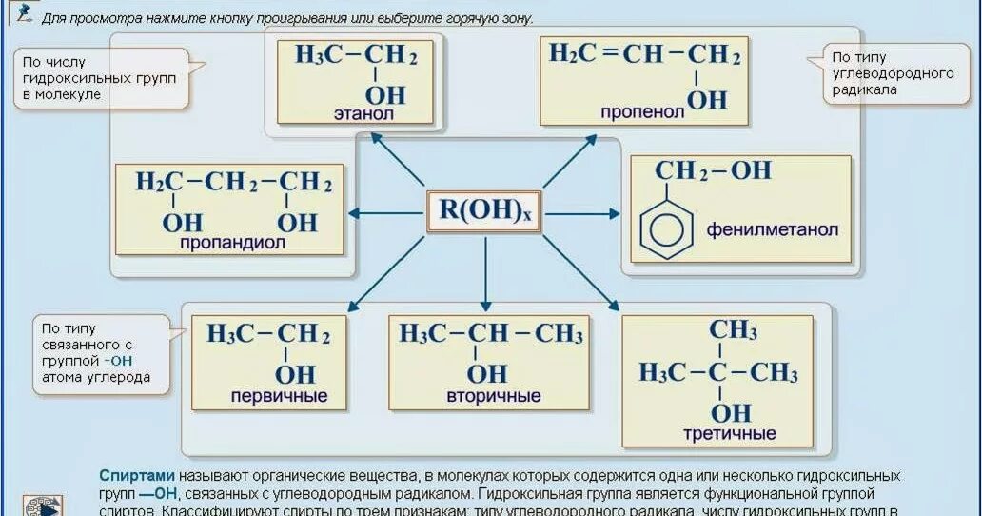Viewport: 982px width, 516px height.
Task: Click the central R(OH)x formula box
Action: click(x=484, y=212)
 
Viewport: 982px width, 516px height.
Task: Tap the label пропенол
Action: click(x=642, y=112)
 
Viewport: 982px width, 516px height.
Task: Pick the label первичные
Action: click(x=279, y=396)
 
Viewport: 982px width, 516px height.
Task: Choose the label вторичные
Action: click(x=489, y=396)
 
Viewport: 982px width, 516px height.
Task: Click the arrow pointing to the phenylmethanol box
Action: click(x=582, y=214)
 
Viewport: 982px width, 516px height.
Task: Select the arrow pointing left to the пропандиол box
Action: click(x=384, y=213)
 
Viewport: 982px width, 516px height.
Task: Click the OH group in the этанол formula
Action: click(x=385, y=94)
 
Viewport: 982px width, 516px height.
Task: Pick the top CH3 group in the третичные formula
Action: click(x=733, y=330)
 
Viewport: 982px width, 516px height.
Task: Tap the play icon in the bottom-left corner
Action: click(x=43, y=506)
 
